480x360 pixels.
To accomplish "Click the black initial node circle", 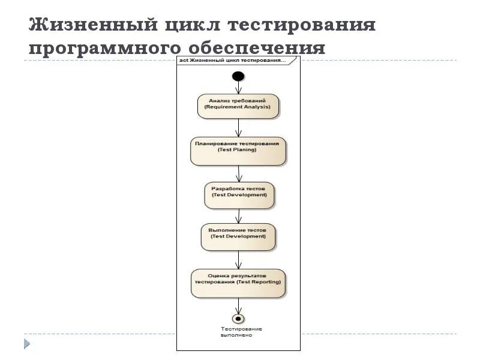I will point(238,76).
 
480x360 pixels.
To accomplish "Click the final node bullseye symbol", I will point(239,318).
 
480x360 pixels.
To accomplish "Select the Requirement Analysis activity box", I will point(239,106).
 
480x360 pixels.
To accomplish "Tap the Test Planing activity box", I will point(239,151).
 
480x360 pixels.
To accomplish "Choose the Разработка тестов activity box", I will point(239,196).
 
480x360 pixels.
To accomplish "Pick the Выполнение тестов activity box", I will point(238,237).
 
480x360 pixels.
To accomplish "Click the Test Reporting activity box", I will point(239,283).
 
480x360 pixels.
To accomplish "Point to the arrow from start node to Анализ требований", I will point(239,88).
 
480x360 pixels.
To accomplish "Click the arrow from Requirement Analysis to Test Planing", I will point(239,128).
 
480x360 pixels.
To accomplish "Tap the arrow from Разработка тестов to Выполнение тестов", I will point(239,216).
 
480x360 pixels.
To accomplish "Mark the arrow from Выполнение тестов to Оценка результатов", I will point(239,260).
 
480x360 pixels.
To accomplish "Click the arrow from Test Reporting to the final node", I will point(239,305).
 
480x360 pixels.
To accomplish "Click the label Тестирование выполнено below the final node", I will point(241,332).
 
